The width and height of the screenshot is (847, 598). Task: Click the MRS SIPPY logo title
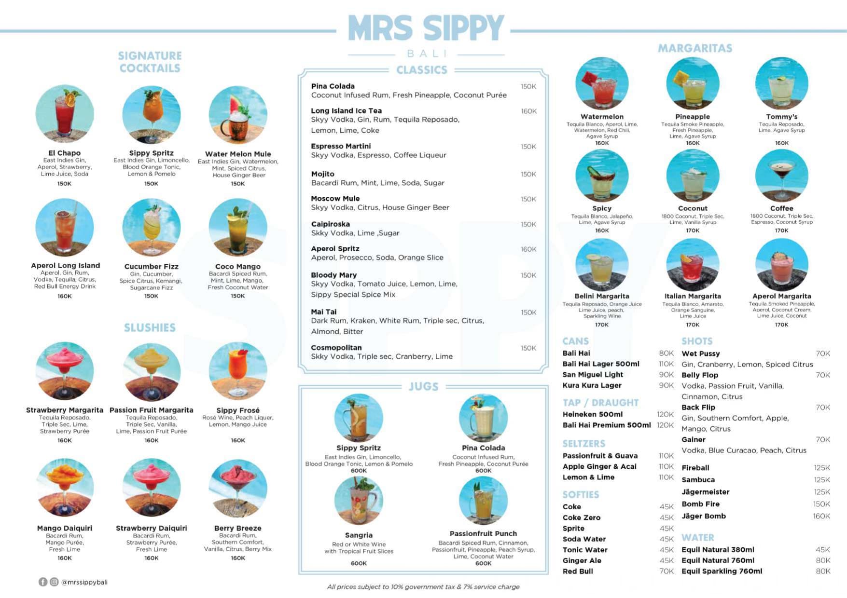click(x=425, y=28)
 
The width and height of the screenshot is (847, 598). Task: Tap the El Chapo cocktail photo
click(x=64, y=114)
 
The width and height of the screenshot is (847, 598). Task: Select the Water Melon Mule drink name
click(x=238, y=154)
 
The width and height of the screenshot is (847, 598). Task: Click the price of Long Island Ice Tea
click(x=528, y=111)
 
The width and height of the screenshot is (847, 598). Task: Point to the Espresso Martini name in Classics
click(x=341, y=146)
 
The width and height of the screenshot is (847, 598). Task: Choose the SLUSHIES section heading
click(x=150, y=328)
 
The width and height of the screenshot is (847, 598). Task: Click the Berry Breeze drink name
click(x=238, y=528)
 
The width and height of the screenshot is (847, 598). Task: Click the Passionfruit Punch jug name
click(x=483, y=533)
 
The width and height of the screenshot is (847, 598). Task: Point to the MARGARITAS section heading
click(x=695, y=48)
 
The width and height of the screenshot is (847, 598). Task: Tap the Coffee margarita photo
click(x=781, y=176)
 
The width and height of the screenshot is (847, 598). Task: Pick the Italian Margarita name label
click(x=693, y=296)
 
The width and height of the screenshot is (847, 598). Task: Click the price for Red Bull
click(x=666, y=571)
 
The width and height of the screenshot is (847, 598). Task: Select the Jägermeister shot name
click(x=705, y=492)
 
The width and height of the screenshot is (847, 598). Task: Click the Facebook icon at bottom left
click(x=43, y=582)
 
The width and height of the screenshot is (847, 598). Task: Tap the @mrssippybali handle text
click(x=84, y=582)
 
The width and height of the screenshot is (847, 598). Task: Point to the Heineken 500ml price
click(x=665, y=414)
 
